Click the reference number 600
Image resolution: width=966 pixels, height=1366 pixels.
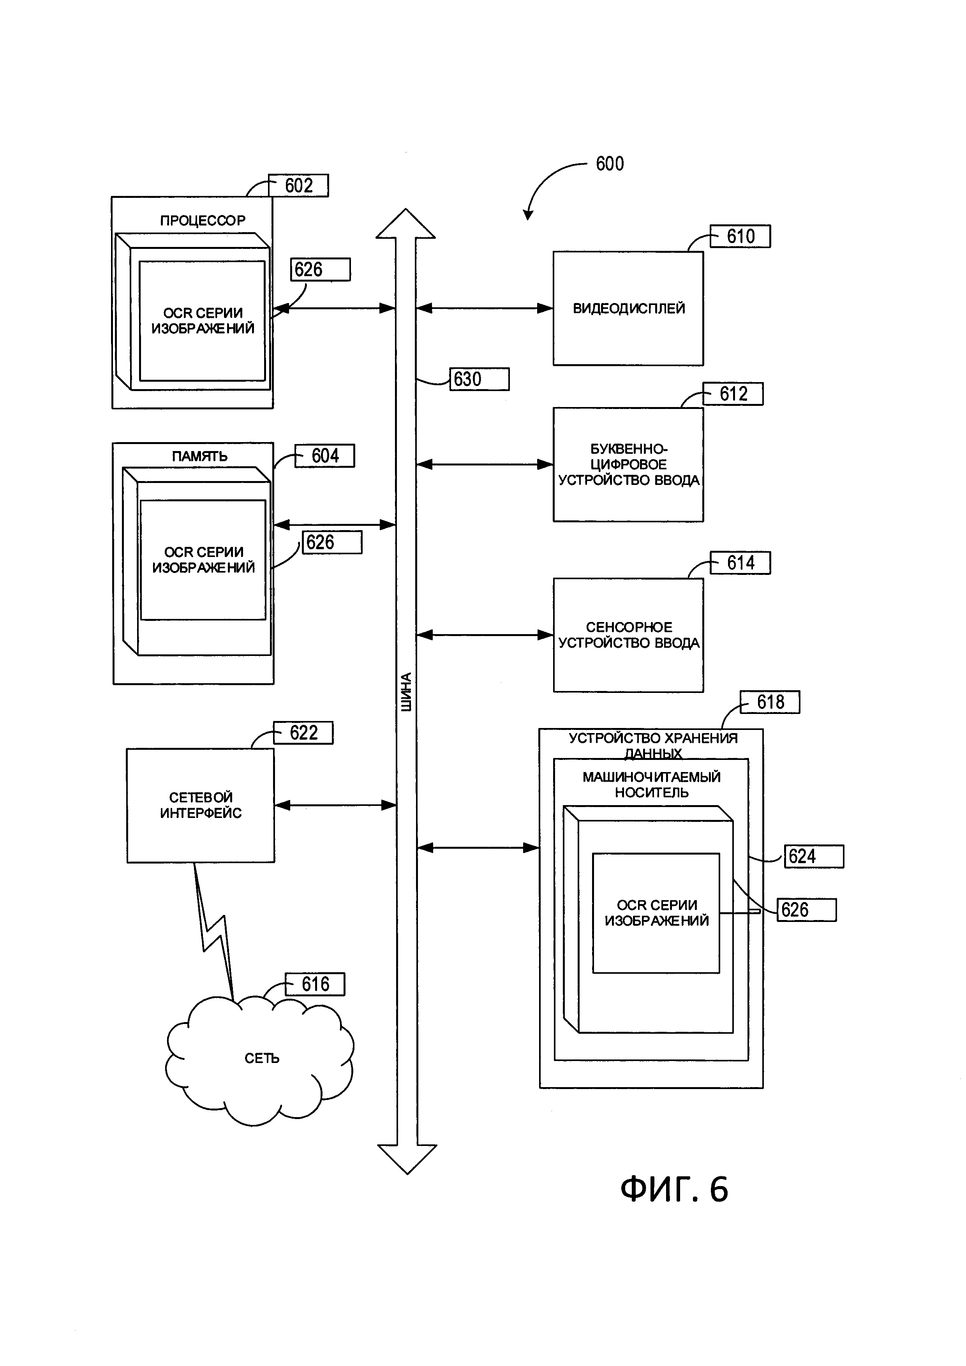click(x=610, y=164)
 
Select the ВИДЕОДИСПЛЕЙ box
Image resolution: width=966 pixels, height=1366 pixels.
click(x=628, y=308)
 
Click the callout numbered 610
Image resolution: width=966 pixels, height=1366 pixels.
click(x=740, y=236)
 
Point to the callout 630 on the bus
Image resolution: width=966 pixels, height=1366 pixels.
click(x=479, y=379)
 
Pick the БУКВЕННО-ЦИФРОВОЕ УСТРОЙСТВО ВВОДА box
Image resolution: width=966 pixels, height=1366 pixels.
click(x=628, y=465)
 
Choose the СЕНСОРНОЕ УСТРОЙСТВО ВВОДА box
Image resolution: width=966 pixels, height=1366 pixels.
click(x=628, y=635)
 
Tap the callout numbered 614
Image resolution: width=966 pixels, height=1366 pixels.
click(x=740, y=563)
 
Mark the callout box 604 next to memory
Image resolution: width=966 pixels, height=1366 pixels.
click(x=325, y=456)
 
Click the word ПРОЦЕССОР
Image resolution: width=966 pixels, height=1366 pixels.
click(x=202, y=221)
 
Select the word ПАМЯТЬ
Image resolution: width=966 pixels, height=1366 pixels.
click(x=200, y=457)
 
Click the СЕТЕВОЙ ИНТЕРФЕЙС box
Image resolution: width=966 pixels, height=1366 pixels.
click(x=201, y=805)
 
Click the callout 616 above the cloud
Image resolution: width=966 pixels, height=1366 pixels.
click(x=315, y=984)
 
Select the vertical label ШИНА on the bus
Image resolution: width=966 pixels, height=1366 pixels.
click(x=405, y=692)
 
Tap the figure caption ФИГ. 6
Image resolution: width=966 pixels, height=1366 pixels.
click(x=674, y=1190)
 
